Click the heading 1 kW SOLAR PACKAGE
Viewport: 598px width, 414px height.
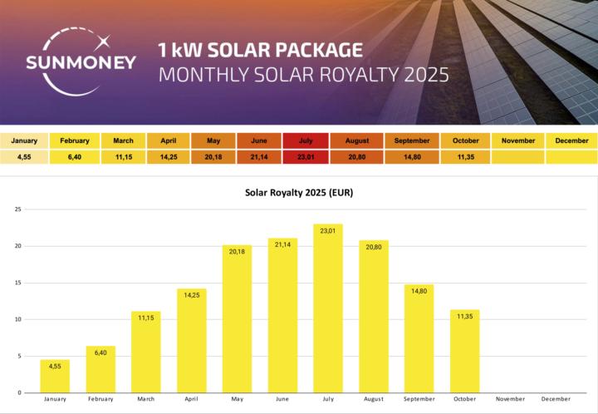click(260, 48)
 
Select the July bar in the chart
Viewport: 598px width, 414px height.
click(328, 308)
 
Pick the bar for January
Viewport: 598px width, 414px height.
click(55, 376)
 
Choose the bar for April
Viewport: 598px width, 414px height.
click(191, 340)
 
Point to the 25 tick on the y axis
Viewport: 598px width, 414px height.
click(17, 209)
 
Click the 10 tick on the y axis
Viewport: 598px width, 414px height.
click(17, 319)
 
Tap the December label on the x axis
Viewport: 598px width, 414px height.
click(556, 400)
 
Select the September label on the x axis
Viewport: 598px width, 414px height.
click(419, 400)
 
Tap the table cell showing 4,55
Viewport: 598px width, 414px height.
click(24, 156)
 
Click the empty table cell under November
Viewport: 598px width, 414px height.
click(518, 156)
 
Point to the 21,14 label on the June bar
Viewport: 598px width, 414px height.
click(282, 244)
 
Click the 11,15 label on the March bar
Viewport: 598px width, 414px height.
click(146, 318)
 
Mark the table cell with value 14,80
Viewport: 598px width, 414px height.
click(412, 156)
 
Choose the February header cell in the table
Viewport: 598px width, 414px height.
click(75, 140)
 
